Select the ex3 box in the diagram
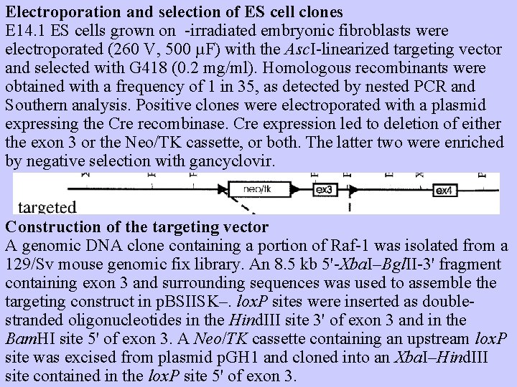coord(324,190)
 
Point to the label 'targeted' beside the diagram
coord(47,208)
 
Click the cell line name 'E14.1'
coord(25,32)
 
